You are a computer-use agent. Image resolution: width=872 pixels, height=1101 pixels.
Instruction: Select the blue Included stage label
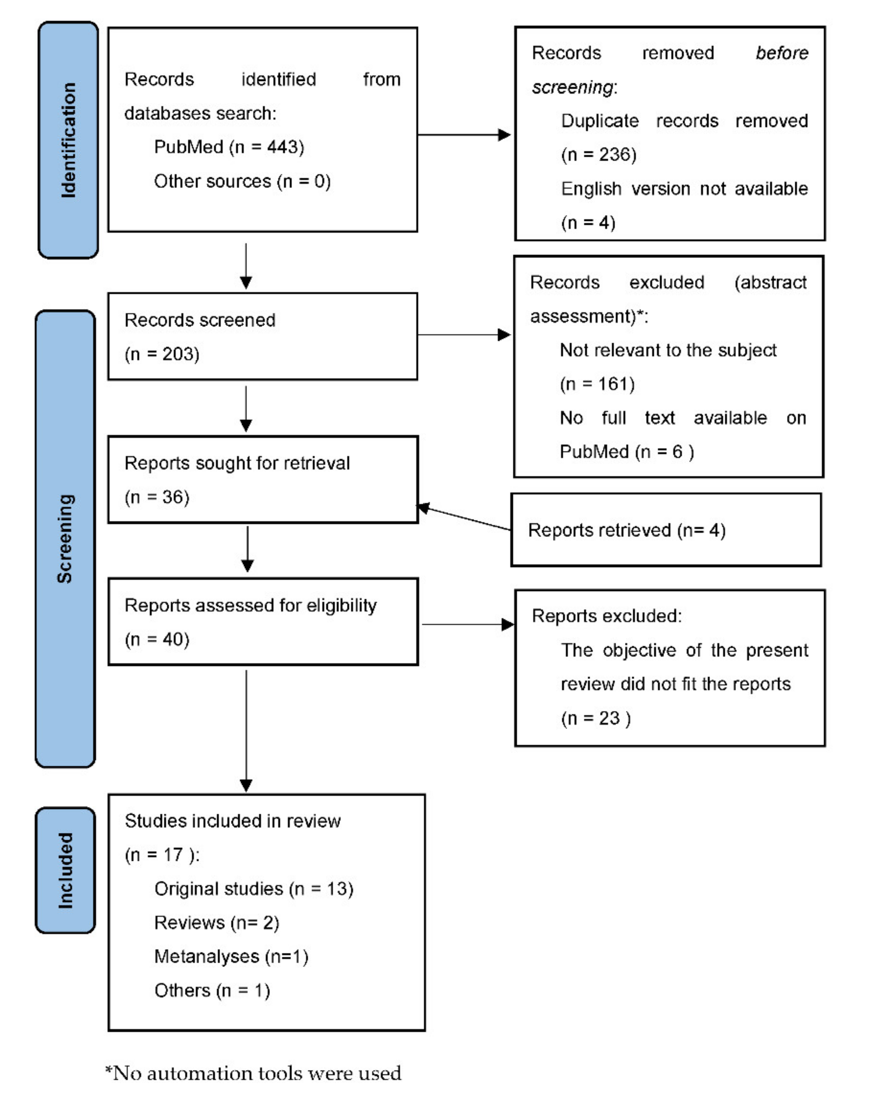pos(65,870)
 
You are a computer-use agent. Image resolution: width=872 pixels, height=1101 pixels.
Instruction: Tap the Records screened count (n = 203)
pos(161,354)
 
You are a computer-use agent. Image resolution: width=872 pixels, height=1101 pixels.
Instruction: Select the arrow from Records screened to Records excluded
pos(463,335)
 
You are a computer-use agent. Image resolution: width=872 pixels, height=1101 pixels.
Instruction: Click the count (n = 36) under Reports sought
pos(157,497)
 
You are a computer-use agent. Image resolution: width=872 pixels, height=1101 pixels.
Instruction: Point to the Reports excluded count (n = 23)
pos(595,718)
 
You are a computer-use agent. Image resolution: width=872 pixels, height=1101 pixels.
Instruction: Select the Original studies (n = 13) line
pos(254,889)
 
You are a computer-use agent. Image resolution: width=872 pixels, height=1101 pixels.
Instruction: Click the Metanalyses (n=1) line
pos(231,956)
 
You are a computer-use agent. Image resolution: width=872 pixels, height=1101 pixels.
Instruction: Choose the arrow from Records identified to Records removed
pos(463,135)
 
